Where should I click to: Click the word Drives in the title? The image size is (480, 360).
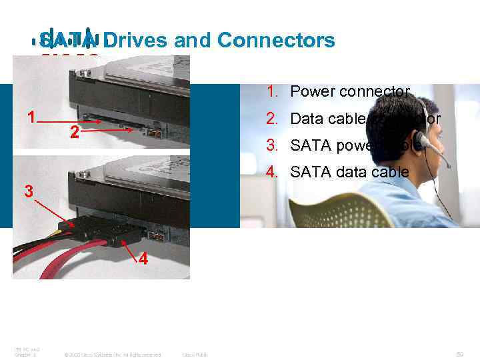click(135, 41)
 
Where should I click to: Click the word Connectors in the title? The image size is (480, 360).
click(276, 41)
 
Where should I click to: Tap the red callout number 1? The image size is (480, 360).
click(31, 117)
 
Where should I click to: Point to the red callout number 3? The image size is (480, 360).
click(28, 191)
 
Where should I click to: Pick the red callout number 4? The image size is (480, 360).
click(141, 259)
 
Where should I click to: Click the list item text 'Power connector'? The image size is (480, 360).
click(350, 92)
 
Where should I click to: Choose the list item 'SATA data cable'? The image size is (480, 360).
click(350, 172)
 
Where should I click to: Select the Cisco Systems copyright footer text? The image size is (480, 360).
click(111, 355)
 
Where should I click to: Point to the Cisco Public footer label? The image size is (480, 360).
click(195, 355)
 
